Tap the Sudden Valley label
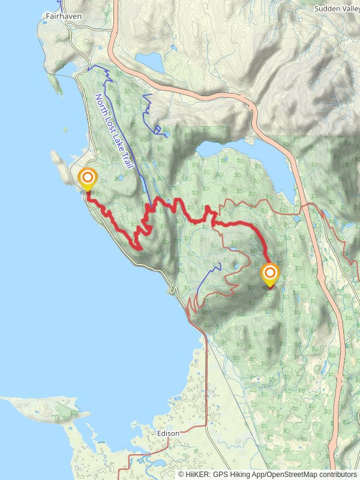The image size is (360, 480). click(337, 9)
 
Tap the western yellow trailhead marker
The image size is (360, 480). click(88, 179)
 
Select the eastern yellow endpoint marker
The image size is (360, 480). click(270, 275)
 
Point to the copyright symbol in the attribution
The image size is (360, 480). click(182, 474)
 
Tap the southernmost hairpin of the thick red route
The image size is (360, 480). click(139, 246)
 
